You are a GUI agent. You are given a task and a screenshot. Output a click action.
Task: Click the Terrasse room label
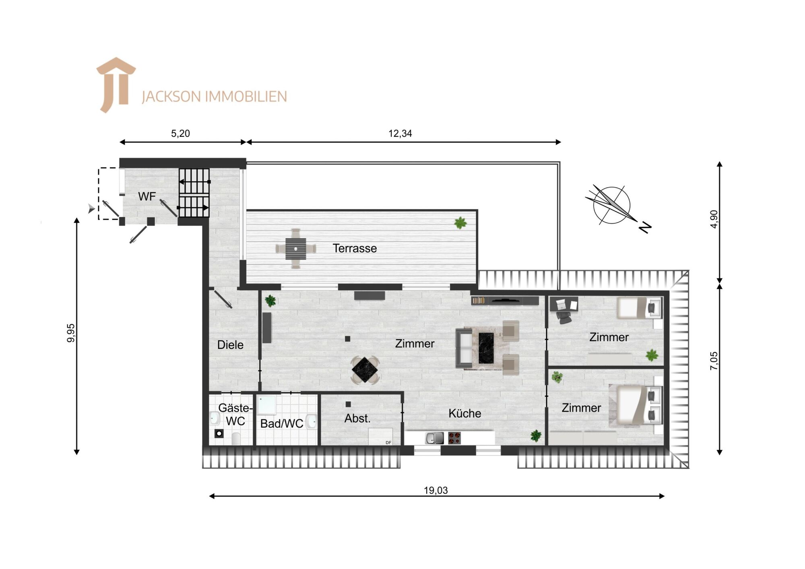click(x=355, y=248)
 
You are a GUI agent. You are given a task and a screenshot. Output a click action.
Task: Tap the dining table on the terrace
click(x=296, y=249)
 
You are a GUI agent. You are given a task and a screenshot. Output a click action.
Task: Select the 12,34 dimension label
click(x=400, y=134)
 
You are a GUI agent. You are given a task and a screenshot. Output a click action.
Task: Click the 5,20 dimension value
click(x=180, y=134)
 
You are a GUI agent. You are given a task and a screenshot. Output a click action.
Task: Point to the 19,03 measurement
click(x=436, y=490)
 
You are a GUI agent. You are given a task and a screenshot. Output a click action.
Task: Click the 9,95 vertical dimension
click(x=71, y=333)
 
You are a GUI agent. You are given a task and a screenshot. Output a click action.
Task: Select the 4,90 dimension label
click(x=714, y=219)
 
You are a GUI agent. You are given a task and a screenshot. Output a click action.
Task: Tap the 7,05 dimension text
click(x=714, y=361)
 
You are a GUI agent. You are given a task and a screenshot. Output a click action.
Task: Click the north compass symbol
click(x=612, y=205)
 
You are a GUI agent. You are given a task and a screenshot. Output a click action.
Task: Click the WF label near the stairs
click(x=147, y=196)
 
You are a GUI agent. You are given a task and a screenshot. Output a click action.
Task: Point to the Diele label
click(x=230, y=345)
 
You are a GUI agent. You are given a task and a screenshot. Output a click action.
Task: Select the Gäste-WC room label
click(x=235, y=414)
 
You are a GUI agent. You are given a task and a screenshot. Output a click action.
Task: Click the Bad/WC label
click(x=282, y=423)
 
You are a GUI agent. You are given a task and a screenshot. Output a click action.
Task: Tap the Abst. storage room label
click(x=357, y=419)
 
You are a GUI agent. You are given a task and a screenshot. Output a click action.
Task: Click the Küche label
click(x=464, y=413)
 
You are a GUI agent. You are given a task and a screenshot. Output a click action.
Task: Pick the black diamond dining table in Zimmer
click(x=365, y=370)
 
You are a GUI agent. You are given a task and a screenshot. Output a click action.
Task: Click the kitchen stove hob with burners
click(x=454, y=438)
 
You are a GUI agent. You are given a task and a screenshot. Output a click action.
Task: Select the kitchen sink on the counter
click(x=434, y=438)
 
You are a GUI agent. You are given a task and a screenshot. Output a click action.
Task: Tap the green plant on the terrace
click(x=460, y=223)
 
